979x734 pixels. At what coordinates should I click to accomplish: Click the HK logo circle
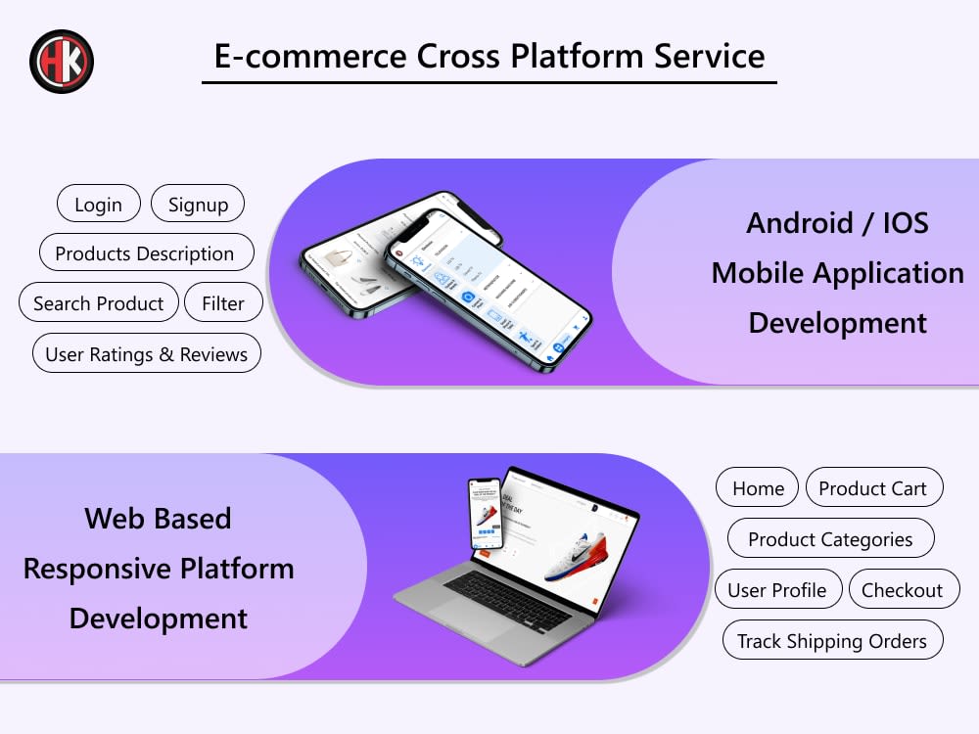[x=62, y=61]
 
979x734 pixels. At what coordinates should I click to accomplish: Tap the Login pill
[x=98, y=205]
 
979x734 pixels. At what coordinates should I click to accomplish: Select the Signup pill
[x=198, y=205]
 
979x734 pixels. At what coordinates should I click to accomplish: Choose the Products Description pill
[x=145, y=253]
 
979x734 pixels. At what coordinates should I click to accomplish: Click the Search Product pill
[x=99, y=303]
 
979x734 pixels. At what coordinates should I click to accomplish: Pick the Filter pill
[x=223, y=303]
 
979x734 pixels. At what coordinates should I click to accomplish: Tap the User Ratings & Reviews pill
[x=147, y=354]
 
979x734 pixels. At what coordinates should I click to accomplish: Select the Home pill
[x=758, y=488]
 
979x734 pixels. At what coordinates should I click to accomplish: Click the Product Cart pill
[x=873, y=488]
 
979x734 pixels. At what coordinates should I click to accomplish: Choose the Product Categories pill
[x=830, y=539]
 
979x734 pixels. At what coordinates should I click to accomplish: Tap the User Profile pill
[x=777, y=590]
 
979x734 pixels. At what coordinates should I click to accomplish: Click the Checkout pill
[x=903, y=590]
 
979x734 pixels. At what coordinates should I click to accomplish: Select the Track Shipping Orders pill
[x=832, y=641]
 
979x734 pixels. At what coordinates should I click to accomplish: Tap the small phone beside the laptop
[x=486, y=514]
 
